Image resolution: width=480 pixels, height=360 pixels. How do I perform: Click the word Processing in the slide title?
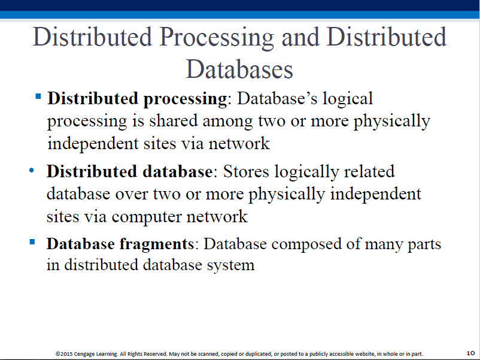pyautogui.click(x=217, y=38)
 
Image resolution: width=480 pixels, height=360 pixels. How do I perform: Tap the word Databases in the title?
pyautogui.click(x=239, y=69)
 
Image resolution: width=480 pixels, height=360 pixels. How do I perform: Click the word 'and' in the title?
pyautogui.click(x=300, y=37)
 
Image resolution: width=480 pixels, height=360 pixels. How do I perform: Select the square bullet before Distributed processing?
pyautogui.click(x=38, y=96)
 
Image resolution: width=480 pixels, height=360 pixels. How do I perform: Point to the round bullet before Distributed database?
pyautogui.click(x=32, y=170)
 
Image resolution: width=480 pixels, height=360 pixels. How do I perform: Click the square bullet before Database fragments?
pyautogui.click(x=32, y=242)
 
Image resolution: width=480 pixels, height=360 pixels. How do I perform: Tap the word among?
pyautogui.click(x=228, y=122)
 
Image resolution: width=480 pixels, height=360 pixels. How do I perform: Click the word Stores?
pyautogui.click(x=246, y=171)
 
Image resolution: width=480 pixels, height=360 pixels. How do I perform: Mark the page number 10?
pyautogui.click(x=470, y=353)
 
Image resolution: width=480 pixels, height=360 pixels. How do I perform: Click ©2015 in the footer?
pyautogui.click(x=64, y=354)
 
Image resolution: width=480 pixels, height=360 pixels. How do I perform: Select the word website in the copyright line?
pyautogui.click(x=365, y=354)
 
